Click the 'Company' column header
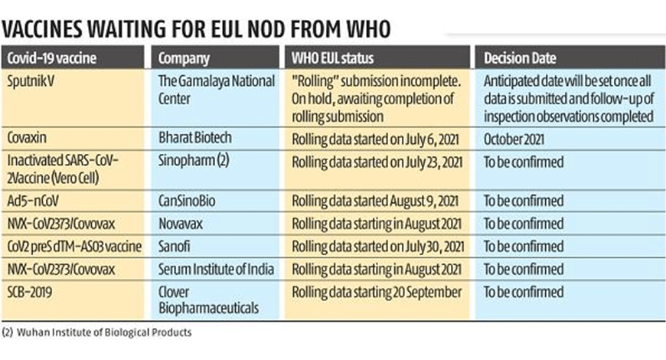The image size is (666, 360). point(184,58)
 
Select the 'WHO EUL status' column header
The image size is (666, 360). point(332,57)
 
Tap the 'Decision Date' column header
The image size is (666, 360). point(520,57)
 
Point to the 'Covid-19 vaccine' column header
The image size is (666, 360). point(52,57)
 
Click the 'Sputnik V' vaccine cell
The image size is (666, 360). point(31,81)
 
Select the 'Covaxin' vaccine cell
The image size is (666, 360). point(27,138)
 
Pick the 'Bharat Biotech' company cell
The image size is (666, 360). point(195,138)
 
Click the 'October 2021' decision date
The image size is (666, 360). point(514,139)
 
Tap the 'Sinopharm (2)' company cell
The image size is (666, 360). point(194,161)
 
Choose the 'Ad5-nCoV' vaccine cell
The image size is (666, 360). point(33,201)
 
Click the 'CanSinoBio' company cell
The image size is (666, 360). point(187,201)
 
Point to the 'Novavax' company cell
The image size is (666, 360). point(181,224)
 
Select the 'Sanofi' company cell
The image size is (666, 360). point(174,247)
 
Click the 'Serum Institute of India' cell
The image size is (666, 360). point(216,269)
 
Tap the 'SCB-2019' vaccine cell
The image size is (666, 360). point(30,292)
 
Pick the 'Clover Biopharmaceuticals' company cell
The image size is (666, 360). point(208,300)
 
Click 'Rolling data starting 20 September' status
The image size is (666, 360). point(377,293)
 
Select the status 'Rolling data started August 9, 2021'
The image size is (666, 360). point(375,201)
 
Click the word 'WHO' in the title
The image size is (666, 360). point(368,29)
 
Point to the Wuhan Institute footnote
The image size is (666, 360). point(97,332)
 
